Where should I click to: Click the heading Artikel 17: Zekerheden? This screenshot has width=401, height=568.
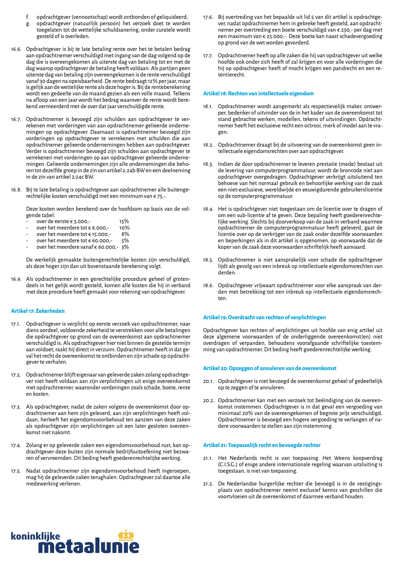point(38,311)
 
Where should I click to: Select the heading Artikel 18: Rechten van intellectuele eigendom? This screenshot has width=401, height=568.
point(258,93)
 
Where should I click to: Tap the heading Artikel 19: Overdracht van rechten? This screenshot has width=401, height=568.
point(264,317)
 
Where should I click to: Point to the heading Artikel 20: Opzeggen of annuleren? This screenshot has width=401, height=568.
point(269,368)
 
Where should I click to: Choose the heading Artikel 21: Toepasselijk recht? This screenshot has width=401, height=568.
point(262,445)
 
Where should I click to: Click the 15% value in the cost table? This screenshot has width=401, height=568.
point(124,222)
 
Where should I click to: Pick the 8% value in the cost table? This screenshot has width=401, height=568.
point(125,234)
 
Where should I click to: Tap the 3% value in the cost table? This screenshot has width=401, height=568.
point(125,247)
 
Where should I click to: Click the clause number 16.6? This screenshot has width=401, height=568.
point(16,49)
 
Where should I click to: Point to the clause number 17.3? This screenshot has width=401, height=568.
point(16,407)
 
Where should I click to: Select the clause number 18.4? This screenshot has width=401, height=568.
point(208,209)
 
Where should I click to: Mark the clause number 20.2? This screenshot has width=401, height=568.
point(209,401)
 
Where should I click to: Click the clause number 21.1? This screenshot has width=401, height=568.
point(208,458)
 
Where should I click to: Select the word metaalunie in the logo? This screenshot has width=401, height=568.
point(91,546)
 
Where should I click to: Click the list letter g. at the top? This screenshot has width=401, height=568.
point(28,24)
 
